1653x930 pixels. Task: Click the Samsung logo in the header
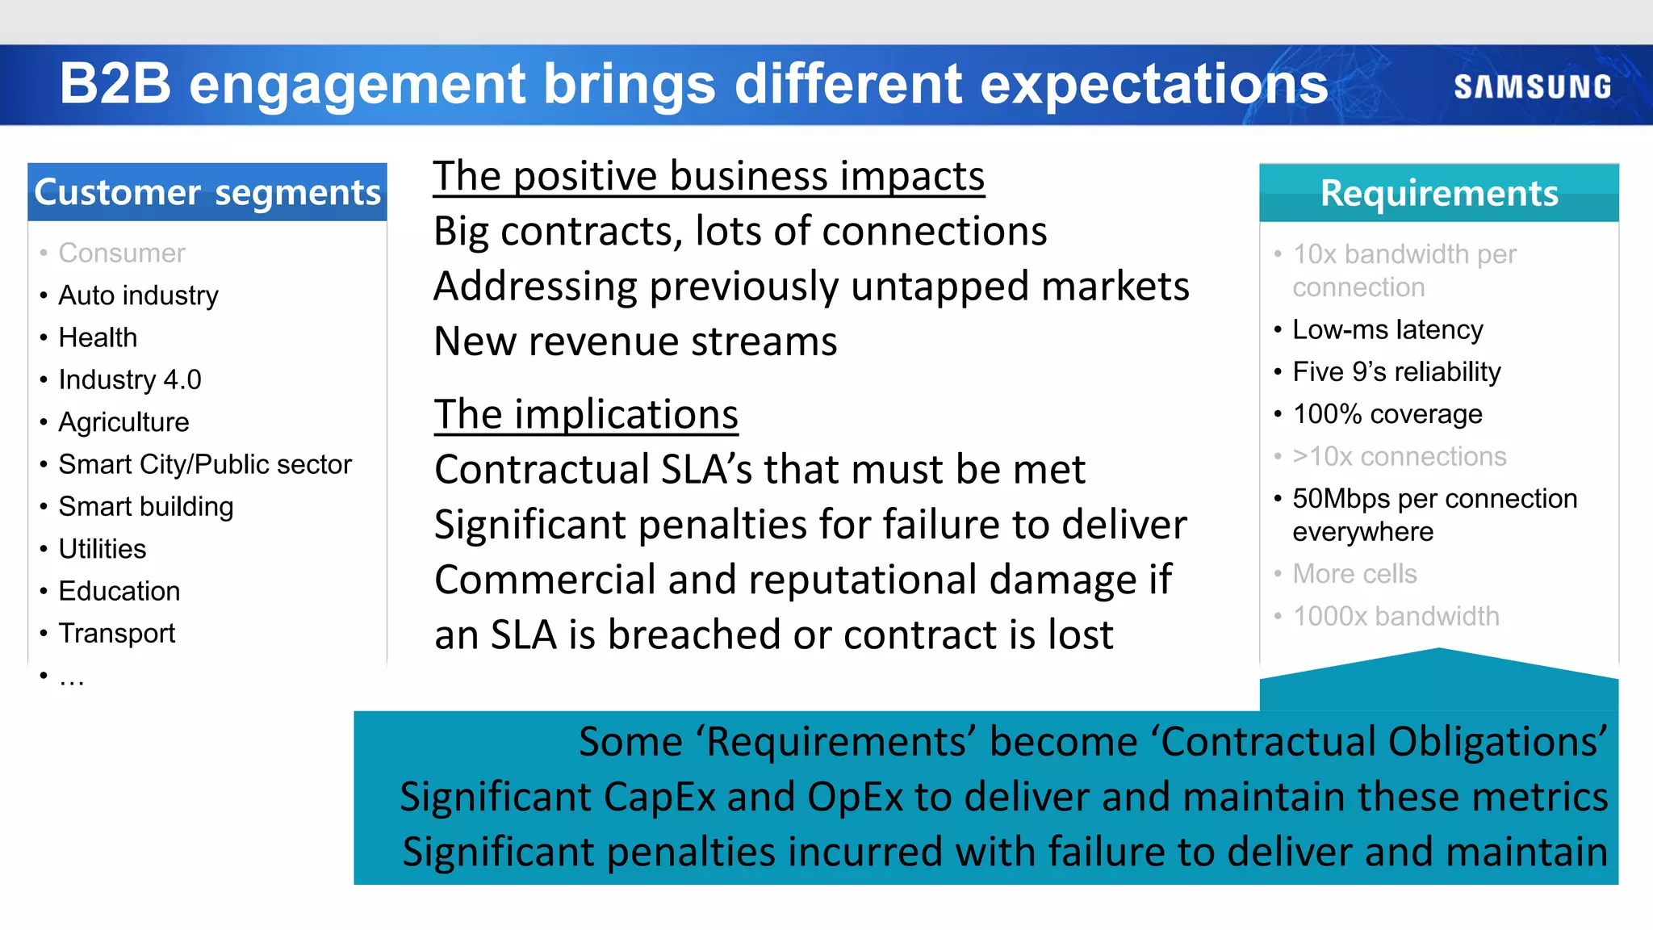1532,87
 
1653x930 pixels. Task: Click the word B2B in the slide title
115,84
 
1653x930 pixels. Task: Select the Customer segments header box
207,192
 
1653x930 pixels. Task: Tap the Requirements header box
1438,193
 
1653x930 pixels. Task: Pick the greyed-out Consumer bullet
122,253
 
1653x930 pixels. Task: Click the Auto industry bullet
138,295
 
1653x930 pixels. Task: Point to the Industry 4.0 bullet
130,379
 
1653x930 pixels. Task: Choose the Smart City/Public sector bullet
205,464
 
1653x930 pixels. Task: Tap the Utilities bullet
103,549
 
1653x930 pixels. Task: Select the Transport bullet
117,634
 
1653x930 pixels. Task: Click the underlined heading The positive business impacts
709,176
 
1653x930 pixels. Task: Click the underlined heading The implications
586,415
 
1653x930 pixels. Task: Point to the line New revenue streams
635,341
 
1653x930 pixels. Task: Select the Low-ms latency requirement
1387,329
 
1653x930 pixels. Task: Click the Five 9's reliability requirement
1396,372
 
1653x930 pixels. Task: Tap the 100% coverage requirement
1387,414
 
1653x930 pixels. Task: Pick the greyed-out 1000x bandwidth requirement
1396,617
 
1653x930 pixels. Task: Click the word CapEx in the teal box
659,797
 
